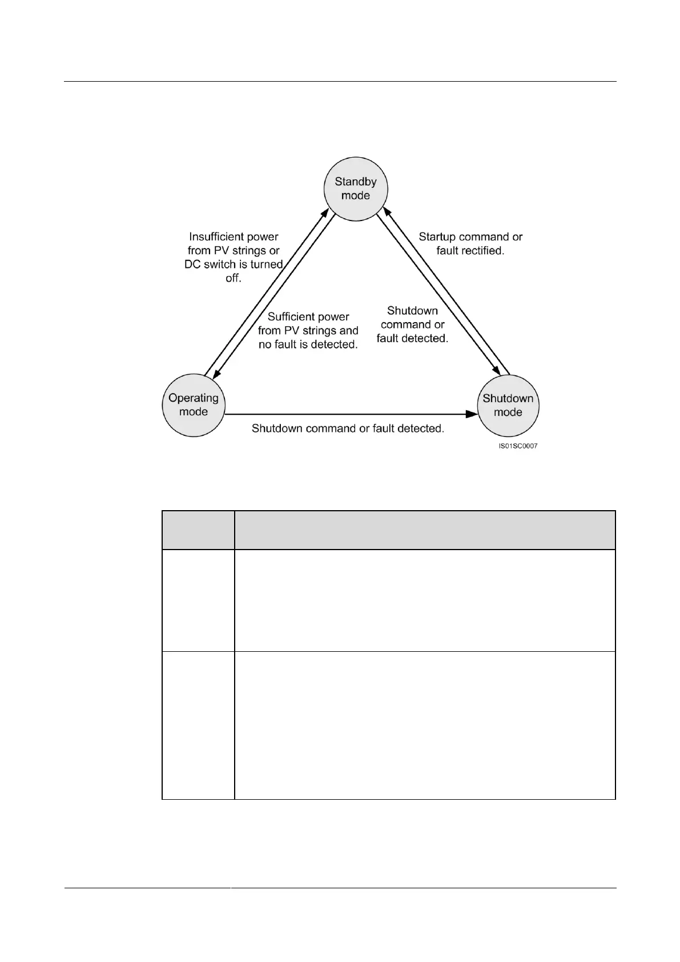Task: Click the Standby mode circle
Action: pyautogui.click(x=355, y=189)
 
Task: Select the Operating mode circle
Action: pyautogui.click(x=194, y=405)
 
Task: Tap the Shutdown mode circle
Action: pyautogui.click(x=508, y=405)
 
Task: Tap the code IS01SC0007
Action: pyautogui.click(x=518, y=446)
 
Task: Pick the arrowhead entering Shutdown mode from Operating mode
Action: pyautogui.click(x=472, y=413)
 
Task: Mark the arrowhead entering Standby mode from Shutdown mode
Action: pyautogui.click(x=387, y=212)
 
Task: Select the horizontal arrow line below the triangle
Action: pyautogui.click(x=348, y=413)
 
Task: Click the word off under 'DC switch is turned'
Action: pyautogui.click(x=233, y=279)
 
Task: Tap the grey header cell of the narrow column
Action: pyautogui.click(x=198, y=530)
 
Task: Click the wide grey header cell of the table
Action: pyautogui.click(x=425, y=530)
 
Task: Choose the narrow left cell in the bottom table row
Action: pyautogui.click(x=198, y=725)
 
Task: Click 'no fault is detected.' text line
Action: pyautogui.click(x=308, y=344)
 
